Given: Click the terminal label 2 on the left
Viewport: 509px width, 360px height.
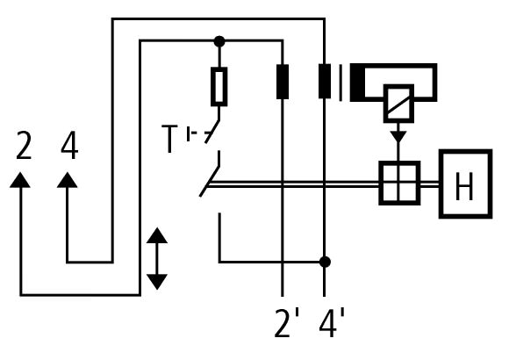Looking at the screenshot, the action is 24,145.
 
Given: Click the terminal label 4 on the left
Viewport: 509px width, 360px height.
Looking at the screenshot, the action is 69,145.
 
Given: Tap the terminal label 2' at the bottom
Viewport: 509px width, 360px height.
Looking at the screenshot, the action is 287,323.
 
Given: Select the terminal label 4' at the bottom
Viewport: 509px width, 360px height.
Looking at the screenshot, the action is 332,323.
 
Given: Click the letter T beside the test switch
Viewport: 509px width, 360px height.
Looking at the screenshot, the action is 169,139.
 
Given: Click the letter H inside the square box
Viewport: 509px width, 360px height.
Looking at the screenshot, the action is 464,186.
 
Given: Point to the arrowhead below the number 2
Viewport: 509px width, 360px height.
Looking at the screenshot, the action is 20,180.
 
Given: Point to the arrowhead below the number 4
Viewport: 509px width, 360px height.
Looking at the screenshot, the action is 68,180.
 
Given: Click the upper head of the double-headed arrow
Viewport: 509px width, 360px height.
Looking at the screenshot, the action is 157,235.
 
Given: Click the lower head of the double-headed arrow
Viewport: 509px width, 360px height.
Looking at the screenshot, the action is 157,282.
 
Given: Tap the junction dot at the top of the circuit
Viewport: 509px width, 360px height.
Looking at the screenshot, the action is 219,41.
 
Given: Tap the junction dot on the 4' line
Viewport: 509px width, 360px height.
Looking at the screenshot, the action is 325,262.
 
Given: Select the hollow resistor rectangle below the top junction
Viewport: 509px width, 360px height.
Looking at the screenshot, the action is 219,87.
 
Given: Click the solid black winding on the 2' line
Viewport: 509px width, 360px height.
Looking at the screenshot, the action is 283,82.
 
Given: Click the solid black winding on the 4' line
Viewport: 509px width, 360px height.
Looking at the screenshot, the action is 325,81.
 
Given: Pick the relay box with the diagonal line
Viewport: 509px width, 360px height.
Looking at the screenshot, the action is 398,104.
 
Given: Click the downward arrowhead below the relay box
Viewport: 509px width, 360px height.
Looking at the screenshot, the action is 398,136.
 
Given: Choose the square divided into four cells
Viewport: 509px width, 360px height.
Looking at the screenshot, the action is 399,184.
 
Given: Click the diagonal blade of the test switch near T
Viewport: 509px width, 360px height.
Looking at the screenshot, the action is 212,132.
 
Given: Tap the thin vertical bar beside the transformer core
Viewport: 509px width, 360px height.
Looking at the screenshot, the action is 341,83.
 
